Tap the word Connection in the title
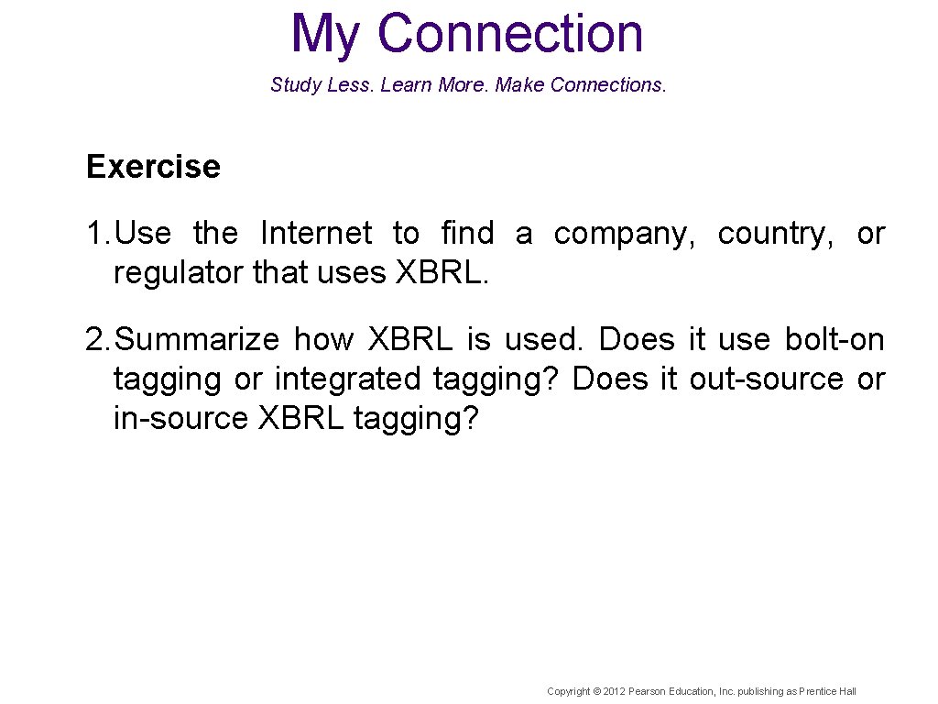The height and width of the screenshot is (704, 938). (510, 33)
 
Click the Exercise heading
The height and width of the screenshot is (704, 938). (153, 167)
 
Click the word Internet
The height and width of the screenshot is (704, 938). (316, 234)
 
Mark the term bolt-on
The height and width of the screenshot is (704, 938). (834, 340)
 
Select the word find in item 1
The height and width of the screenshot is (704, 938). (466, 234)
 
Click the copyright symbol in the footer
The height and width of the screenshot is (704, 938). (597, 691)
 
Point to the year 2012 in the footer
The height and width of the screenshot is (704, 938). (615, 691)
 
